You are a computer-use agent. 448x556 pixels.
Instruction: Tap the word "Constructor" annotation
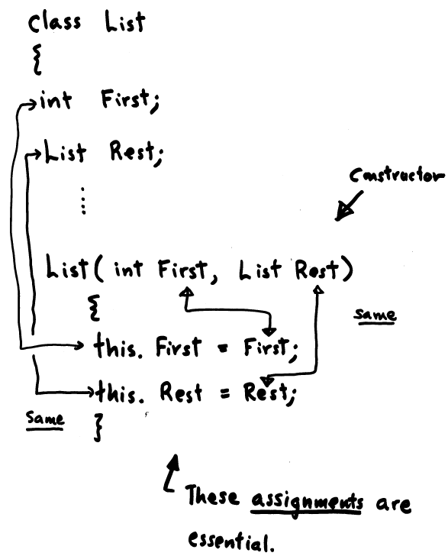coord(396,175)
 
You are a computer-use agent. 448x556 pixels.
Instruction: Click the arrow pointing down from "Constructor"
coord(349,206)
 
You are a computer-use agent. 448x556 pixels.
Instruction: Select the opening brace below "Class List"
coord(37,60)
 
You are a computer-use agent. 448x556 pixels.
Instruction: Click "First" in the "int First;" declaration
coord(130,100)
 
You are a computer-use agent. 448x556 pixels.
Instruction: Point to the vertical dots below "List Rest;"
coord(83,201)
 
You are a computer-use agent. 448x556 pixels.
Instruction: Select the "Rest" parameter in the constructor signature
coord(317,270)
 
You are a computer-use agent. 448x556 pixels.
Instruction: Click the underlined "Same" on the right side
coord(375,315)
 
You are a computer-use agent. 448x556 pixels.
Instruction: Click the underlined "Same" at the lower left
coord(45,419)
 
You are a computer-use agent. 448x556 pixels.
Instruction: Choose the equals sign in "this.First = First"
coord(222,350)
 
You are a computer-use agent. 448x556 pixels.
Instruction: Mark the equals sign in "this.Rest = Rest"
coord(224,393)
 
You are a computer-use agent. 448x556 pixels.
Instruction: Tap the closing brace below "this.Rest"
coord(98,427)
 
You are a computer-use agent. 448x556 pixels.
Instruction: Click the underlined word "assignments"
coord(307,502)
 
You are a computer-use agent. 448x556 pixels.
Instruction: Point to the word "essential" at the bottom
coord(231,541)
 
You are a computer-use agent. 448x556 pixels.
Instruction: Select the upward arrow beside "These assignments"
coord(170,473)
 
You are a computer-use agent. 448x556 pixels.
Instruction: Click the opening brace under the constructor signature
coord(95,308)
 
